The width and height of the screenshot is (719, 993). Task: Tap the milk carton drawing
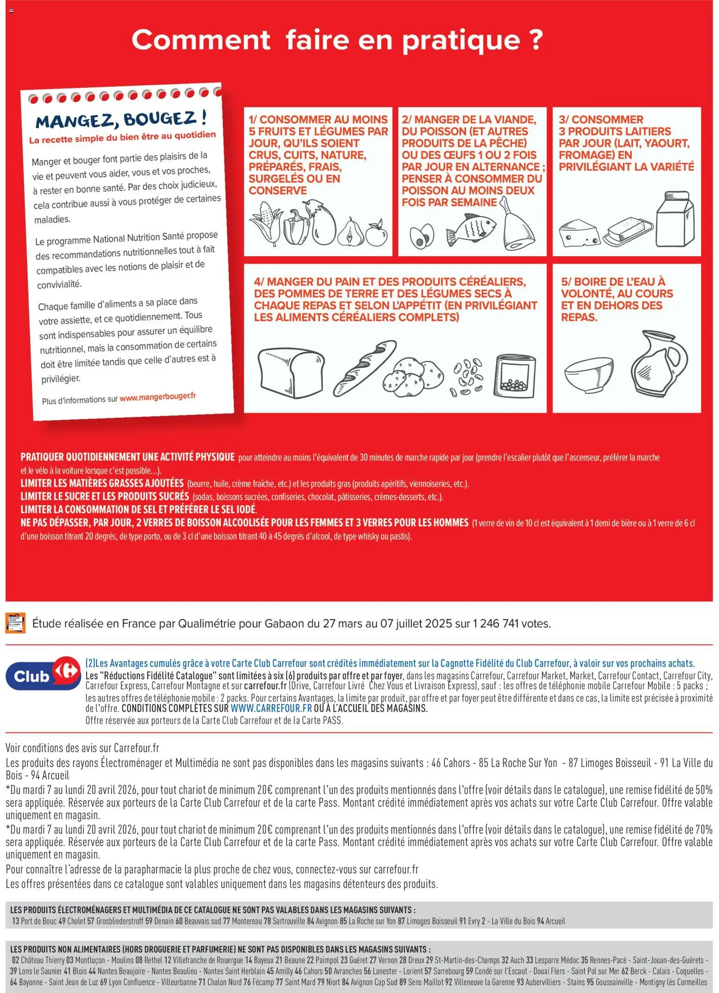point(675,219)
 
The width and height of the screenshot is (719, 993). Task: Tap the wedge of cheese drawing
point(578,233)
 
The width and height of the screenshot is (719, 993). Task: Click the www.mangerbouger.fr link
point(158,397)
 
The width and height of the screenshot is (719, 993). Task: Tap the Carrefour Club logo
point(43,672)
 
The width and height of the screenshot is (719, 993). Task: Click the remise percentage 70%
point(703,829)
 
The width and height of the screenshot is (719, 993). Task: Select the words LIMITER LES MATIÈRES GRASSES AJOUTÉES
point(102,483)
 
